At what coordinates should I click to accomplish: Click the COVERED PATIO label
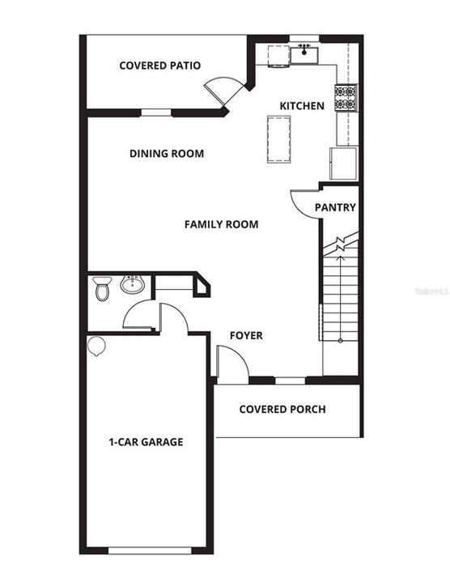(x=159, y=66)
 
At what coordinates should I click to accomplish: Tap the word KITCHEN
(x=302, y=106)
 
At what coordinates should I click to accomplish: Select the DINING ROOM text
(x=166, y=154)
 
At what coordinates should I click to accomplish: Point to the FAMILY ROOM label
(x=221, y=224)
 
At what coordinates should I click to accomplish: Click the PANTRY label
(x=335, y=207)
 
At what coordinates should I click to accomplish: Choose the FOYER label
(x=245, y=335)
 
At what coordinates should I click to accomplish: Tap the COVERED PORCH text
(x=282, y=409)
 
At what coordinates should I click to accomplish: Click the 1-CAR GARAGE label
(x=146, y=442)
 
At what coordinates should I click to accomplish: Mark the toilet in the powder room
(x=102, y=288)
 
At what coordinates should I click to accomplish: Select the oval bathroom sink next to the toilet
(x=131, y=285)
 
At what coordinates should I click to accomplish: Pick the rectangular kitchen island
(x=278, y=140)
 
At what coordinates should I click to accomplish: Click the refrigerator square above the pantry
(x=342, y=164)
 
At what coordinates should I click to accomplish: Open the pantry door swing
(x=303, y=203)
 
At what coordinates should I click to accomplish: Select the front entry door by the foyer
(x=231, y=366)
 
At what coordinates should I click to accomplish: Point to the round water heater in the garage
(x=96, y=346)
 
